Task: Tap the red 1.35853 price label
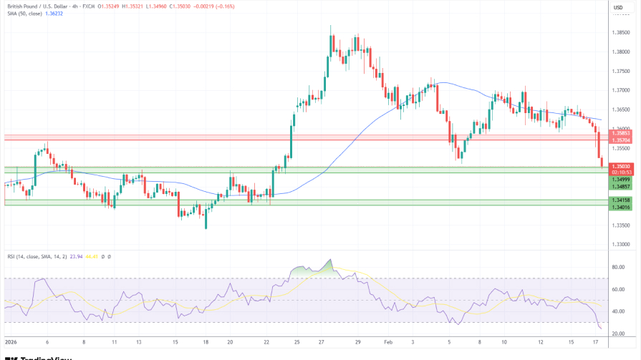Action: tap(620, 133)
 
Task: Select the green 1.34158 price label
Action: tap(620, 200)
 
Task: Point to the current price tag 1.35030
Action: tap(620, 166)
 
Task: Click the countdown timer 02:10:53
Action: tap(620, 172)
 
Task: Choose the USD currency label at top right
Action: tap(618, 8)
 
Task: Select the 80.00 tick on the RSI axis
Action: tap(618, 268)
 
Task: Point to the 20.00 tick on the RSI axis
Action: tap(618, 333)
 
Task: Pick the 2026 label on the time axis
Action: tap(10, 343)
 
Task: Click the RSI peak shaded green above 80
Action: tap(329, 264)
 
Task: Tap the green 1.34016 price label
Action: tap(620, 207)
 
